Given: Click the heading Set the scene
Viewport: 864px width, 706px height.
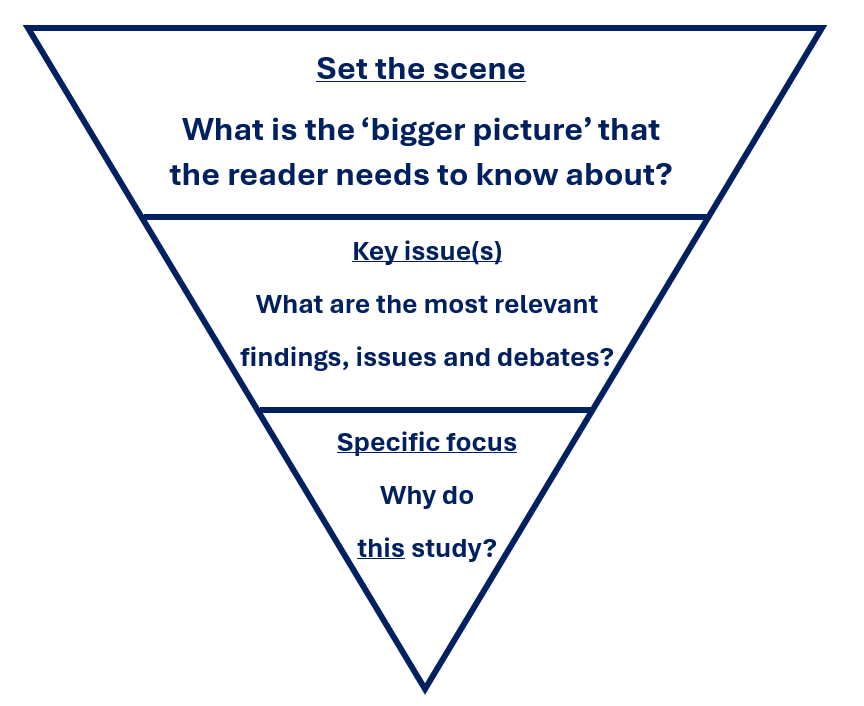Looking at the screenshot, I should click(x=421, y=69).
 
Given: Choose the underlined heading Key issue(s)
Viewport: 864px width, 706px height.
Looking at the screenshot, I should click(x=427, y=251).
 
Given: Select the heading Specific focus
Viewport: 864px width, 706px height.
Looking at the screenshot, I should click(x=427, y=442).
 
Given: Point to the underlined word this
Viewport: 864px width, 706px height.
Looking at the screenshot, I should click(x=381, y=548).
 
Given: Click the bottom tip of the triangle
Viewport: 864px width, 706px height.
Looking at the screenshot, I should click(x=425, y=688).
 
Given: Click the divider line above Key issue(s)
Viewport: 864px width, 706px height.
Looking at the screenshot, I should click(x=425, y=216).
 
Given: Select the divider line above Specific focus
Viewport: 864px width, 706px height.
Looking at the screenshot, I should click(x=425, y=409).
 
